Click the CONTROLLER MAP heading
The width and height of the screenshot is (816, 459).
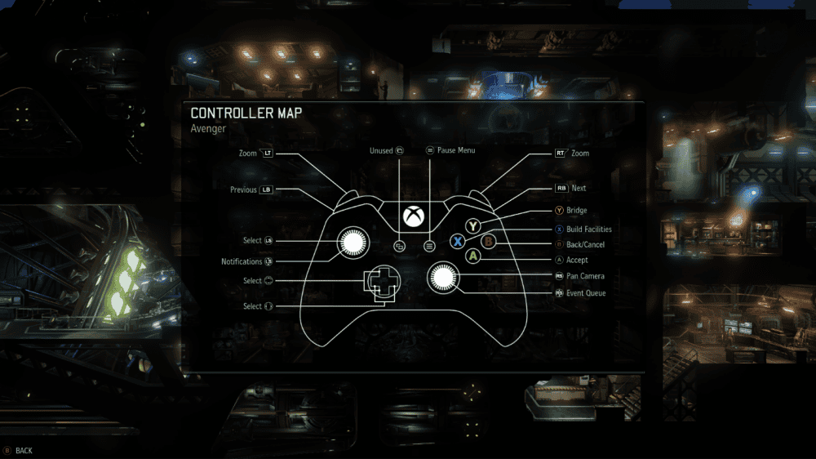pyautogui.click(x=246, y=113)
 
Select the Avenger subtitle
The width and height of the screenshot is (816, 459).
pyautogui.click(x=208, y=129)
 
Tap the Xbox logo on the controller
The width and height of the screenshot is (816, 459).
pyautogui.click(x=414, y=216)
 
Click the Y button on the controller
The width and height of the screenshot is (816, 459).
pyautogui.click(x=472, y=226)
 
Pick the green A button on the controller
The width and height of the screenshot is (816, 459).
pyautogui.click(x=472, y=256)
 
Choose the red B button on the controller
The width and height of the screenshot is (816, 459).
pyautogui.click(x=488, y=241)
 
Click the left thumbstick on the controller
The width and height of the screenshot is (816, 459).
pyautogui.click(x=353, y=243)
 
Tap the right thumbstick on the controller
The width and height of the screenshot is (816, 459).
pyautogui.click(x=443, y=278)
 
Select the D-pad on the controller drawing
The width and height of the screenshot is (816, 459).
pyautogui.click(x=383, y=281)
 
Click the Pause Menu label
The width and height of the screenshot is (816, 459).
pyautogui.click(x=456, y=150)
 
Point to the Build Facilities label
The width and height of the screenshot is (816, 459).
pyautogui.click(x=589, y=229)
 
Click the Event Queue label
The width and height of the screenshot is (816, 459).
pyautogui.click(x=586, y=293)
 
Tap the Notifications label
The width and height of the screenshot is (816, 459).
pyautogui.click(x=242, y=261)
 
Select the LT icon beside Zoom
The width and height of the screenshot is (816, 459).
pyautogui.click(x=267, y=154)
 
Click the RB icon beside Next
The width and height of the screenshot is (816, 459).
pyautogui.click(x=561, y=188)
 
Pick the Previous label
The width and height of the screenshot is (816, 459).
pyautogui.click(x=243, y=189)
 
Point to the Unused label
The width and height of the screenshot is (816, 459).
pyautogui.click(x=381, y=150)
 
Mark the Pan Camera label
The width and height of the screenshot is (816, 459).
pyautogui.click(x=585, y=276)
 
